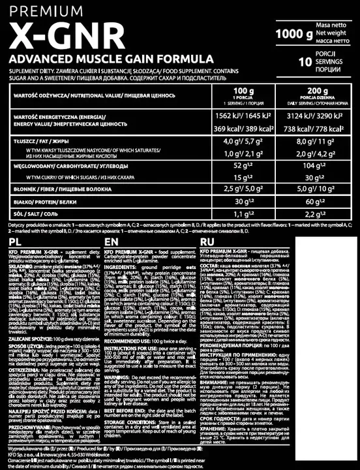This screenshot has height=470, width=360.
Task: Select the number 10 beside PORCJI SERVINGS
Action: pyautogui.click(x=303, y=63)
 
